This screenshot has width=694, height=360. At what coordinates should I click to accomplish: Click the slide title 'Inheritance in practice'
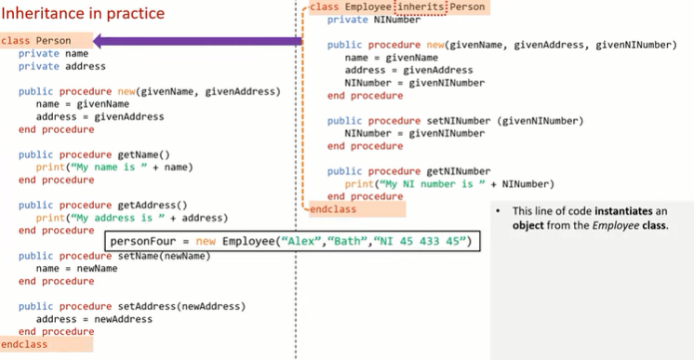pyautogui.click(x=83, y=13)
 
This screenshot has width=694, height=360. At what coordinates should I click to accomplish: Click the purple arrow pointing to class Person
pyautogui.click(x=198, y=41)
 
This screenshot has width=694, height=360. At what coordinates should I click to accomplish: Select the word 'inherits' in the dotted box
pyautogui.click(x=420, y=7)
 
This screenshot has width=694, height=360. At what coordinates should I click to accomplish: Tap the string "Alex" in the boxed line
pyautogui.click(x=301, y=241)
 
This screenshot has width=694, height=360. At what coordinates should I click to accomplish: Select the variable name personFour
pyautogui.click(x=143, y=241)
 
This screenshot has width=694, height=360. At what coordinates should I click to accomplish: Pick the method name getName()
pyautogui.click(x=143, y=154)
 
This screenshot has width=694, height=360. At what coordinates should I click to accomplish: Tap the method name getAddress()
pyautogui.click(x=153, y=205)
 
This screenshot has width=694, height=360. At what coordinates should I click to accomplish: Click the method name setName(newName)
pyautogui.click(x=164, y=256)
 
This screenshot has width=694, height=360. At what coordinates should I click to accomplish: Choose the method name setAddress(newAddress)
pyautogui.click(x=181, y=306)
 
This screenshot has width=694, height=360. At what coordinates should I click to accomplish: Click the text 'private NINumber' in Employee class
pyautogui.click(x=374, y=20)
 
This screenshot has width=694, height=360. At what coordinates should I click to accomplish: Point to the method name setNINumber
pyautogui.click(x=459, y=121)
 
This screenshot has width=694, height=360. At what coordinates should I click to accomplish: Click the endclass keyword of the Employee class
pyautogui.click(x=333, y=209)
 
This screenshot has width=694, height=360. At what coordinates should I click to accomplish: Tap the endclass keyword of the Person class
pyautogui.click(x=24, y=344)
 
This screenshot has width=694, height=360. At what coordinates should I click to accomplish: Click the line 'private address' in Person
pyautogui.click(x=62, y=66)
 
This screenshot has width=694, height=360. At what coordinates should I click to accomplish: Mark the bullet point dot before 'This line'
pyautogui.click(x=498, y=211)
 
